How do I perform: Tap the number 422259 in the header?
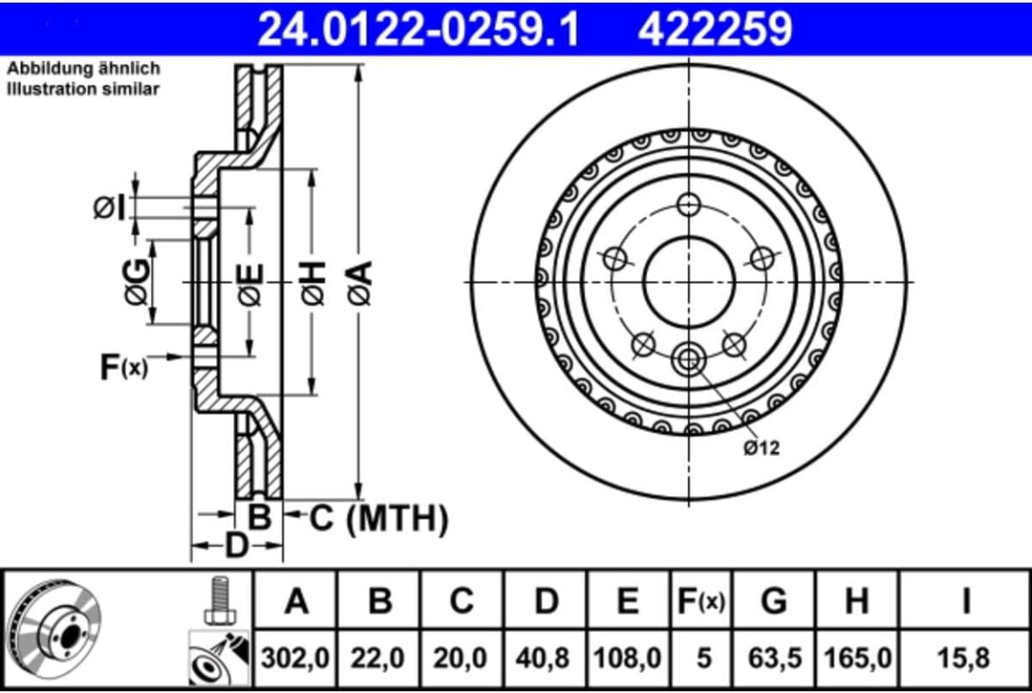pos(715,29)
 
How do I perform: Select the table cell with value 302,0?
pos(296,658)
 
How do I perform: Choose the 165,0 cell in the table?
pos(857,658)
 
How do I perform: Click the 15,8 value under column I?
pos(966,658)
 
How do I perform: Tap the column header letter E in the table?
pos(627,601)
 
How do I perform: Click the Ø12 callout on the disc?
pos(763,447)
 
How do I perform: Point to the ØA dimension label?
pos(358,283)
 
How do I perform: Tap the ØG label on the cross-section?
pos(136,283)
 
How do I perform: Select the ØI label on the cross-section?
pos(109,206)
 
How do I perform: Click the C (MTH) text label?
pos(377,519)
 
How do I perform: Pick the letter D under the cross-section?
pos(236,547)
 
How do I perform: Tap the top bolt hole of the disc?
pos(688,205)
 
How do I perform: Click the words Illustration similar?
pos(84,89)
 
